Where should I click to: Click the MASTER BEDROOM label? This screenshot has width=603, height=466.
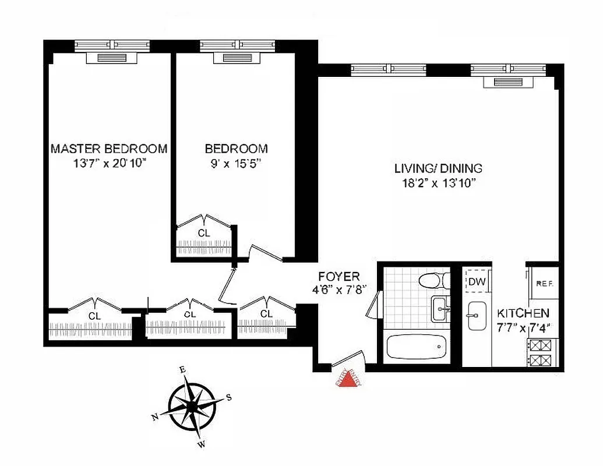109,149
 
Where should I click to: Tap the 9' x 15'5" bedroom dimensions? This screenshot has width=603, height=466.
236,164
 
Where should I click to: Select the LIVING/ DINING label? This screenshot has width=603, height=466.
438,169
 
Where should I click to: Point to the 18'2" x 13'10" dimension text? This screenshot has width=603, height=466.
438,184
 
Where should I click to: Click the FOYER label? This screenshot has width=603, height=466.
338,276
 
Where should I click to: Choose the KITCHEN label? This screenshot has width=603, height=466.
523,313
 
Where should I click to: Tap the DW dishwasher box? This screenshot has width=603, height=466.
476,283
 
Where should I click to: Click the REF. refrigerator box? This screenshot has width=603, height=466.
544,284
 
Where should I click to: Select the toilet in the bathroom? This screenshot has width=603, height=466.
434,281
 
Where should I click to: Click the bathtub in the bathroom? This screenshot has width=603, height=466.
417,348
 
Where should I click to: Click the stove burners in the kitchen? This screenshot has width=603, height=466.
542,352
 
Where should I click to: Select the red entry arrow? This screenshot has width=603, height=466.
348,380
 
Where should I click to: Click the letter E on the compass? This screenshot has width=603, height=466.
182,369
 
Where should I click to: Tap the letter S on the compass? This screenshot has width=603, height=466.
229,397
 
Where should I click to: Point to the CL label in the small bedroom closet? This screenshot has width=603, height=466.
203,233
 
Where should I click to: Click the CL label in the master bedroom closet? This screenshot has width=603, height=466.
94,316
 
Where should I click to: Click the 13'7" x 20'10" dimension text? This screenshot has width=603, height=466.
109,164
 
